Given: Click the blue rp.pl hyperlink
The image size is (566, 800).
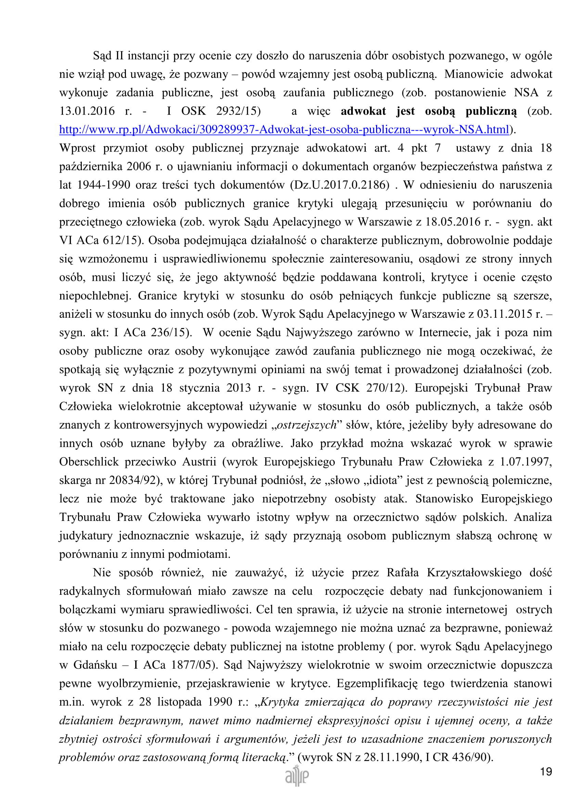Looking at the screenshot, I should click(284, 130).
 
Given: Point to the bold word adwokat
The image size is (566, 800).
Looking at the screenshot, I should click(363, 111).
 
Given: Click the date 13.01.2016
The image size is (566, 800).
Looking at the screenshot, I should click(87, 111).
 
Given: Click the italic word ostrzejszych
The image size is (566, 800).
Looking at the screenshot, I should click(307, 425).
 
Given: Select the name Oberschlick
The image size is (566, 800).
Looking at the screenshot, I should click(89, 462).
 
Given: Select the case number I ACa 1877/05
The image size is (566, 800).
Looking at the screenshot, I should click(172, 665).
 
